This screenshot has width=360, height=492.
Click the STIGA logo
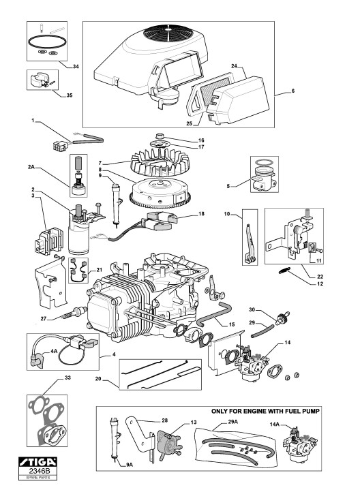38,461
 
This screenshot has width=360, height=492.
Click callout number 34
76,66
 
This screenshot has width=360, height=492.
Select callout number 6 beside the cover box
293,91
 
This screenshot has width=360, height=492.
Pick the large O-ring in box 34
47,42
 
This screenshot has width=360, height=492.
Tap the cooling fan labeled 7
160,162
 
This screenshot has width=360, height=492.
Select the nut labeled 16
160,136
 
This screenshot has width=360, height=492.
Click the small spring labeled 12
285,271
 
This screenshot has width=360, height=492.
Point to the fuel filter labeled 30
282,318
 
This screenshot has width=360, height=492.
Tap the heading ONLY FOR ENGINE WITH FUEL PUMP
265,411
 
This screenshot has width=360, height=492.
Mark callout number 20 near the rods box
98,379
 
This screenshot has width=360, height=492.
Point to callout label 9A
130,465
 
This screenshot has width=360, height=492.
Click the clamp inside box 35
40,80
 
